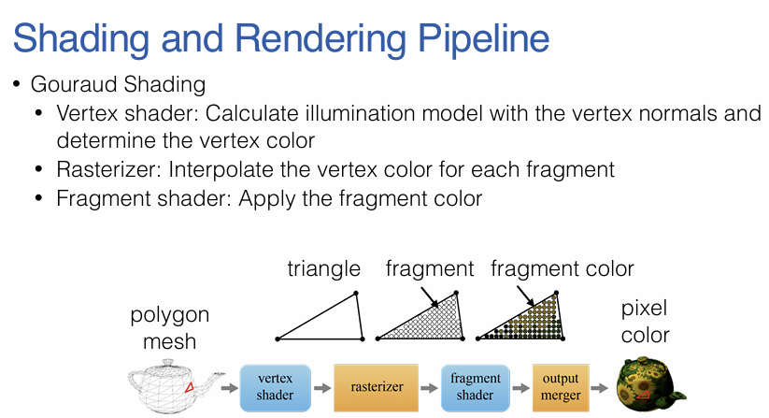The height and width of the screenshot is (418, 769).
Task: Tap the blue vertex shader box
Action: click(275, 387)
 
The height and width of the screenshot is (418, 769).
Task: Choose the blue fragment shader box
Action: click(475, 387)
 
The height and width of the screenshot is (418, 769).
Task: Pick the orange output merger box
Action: click(560, 387)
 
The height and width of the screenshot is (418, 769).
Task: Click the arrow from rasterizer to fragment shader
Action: click(428, 387)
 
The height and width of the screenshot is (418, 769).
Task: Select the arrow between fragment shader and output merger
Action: click(520, 387)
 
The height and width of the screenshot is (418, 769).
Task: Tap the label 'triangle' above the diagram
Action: click(323, 269)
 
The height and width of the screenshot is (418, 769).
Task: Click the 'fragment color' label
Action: click(562, 269)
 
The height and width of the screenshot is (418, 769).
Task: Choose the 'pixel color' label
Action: click(645, 321)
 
